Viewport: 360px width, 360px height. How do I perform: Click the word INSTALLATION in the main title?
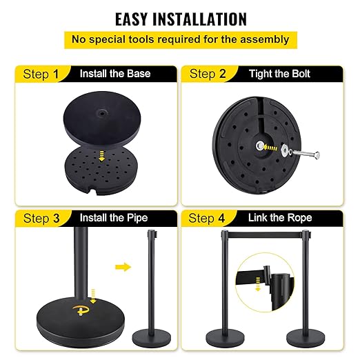click(x=199, y=19)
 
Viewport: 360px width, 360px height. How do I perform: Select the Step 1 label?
click(x=41, y=74)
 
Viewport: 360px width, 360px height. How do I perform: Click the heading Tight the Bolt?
click(x=279, y=74)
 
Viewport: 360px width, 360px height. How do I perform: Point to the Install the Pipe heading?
click(x=114, y=218)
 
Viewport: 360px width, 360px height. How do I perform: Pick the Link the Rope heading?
click(x=280, y=217)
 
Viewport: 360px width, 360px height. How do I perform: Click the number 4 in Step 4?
click(x=221, y=218)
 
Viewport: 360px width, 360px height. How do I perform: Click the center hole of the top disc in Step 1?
click(x=101, y=113)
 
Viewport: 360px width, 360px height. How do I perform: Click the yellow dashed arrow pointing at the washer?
click(x=270, y=148)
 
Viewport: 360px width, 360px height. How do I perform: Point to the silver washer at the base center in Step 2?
click(x=260, y=146)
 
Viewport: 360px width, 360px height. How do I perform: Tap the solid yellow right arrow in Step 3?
click(x=123, y=267)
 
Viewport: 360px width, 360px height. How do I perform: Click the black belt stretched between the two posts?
click(x=265, y=234)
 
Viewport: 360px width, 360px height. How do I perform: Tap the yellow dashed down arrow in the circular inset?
click(x=258, y=284)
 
